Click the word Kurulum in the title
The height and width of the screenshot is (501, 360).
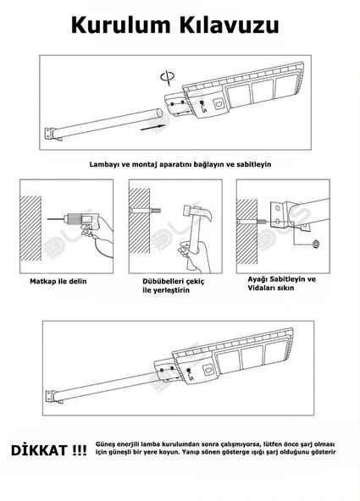(121, 25)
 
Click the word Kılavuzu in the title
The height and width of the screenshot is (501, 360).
(230, 25)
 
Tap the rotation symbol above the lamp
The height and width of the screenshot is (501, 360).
(168, 78)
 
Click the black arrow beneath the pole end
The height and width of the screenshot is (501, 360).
(152, 127)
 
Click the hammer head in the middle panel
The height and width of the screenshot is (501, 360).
(197, 212)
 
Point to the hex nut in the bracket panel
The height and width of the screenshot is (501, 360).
(316, 245)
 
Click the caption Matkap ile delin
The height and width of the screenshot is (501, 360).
(58, 282)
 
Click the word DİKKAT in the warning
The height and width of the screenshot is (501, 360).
(39, 450)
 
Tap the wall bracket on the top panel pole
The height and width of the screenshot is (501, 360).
(49, 134)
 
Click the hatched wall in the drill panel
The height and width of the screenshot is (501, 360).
(30, 228)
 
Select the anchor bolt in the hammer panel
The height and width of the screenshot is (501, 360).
(145, 211)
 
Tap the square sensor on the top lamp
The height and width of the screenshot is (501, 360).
(219, 103)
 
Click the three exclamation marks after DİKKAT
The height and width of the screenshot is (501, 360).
(79, 450)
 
